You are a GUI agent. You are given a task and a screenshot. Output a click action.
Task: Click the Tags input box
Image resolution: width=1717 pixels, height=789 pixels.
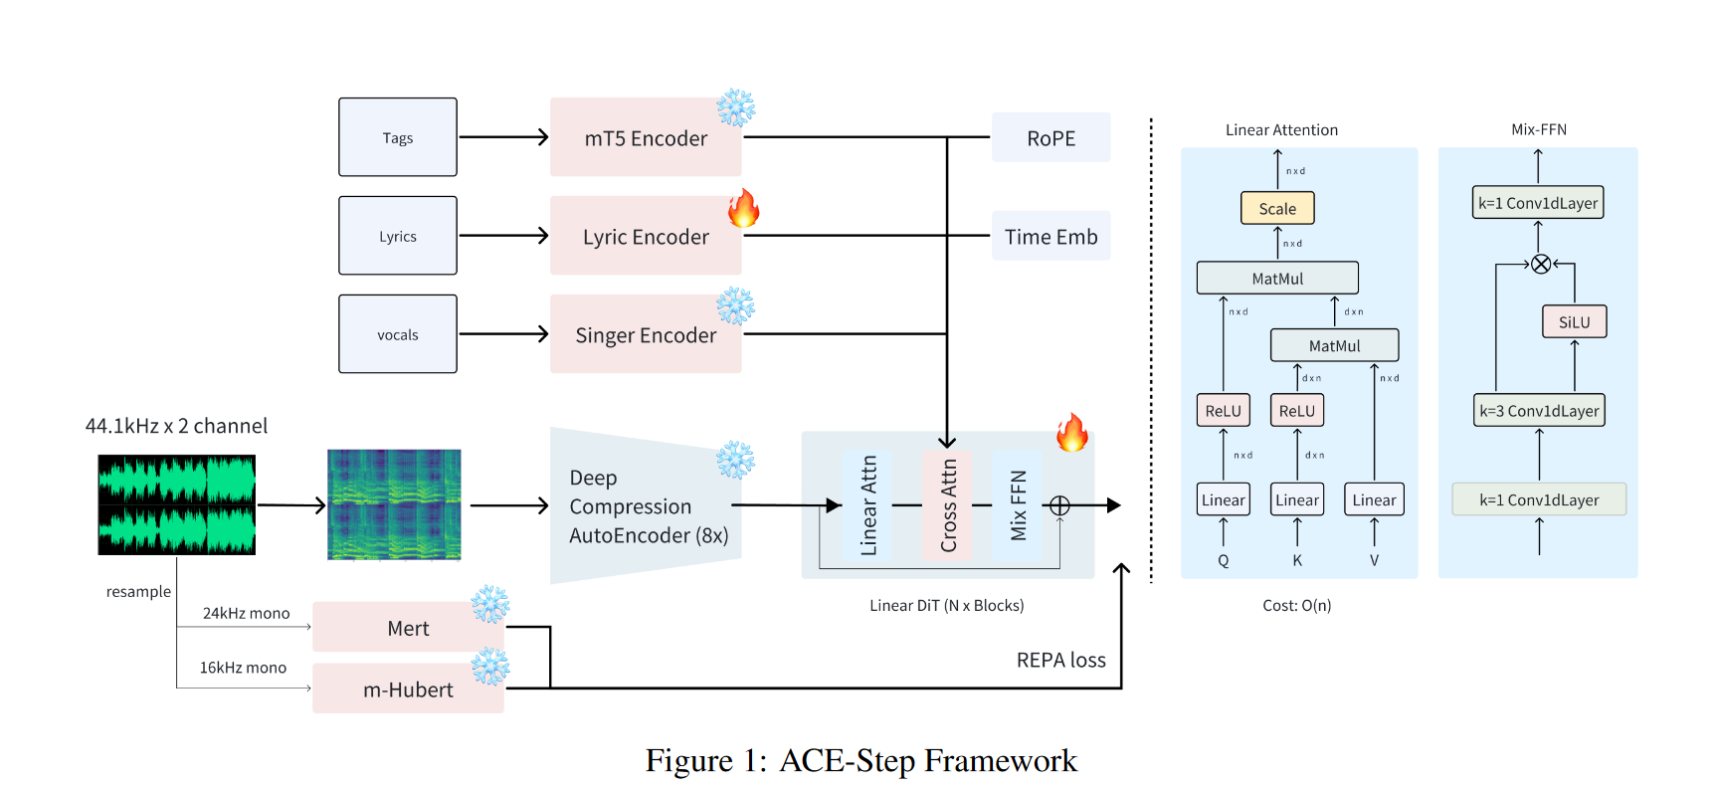click(x=397, y=137)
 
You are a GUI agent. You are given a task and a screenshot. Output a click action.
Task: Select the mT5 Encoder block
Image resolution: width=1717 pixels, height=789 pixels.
click(x=646, y=137)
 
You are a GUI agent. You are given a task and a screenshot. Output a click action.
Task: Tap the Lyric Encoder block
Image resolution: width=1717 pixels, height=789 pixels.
click(x=646, y=236)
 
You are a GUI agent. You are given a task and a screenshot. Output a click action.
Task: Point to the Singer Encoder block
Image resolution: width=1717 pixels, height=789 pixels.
click(x=646, y=334)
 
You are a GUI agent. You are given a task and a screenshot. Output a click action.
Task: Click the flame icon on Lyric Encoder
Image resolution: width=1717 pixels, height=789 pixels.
click(x=743, y=209)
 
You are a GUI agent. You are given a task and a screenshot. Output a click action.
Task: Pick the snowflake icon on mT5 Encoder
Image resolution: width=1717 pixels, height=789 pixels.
click(x=736, y=107)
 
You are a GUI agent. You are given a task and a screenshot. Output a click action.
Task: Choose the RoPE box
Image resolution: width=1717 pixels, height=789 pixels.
click(x=1050, y=137)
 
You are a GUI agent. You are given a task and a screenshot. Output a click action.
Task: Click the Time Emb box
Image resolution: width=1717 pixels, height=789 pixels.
click(x=1050, y=236)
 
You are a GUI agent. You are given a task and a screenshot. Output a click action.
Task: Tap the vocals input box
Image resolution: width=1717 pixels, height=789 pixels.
click(x=397, y=334)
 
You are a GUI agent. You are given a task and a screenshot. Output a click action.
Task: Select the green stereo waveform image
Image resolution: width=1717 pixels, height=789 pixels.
click(x=176, y=504)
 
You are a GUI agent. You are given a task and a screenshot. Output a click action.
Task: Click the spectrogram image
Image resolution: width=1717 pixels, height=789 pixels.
click(x=394, y=504)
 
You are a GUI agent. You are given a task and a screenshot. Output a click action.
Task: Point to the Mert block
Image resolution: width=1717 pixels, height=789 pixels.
click(x=408, y=628)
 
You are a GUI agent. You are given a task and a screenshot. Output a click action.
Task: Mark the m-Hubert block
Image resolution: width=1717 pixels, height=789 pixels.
click(x=408, y=690)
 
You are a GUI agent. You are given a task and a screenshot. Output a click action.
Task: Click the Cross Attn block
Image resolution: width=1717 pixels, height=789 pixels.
click(x=948, y=505)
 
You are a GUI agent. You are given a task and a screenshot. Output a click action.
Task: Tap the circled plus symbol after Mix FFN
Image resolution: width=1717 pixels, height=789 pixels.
click(x=1059, y=505)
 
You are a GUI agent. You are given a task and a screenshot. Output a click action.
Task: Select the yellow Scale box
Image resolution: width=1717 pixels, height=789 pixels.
click(x=1277, y=208)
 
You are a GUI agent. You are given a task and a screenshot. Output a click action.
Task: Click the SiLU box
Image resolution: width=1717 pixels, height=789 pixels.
click(x=1574, y=321)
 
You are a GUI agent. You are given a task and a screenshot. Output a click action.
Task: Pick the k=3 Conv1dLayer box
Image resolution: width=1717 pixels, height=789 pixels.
click(x=1539, y=410)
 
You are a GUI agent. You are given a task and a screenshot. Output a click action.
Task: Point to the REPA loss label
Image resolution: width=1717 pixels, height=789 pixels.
click(x=1060, y=660)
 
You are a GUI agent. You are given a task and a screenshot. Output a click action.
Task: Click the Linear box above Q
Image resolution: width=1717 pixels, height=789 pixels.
click(x=1223, y=499)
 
